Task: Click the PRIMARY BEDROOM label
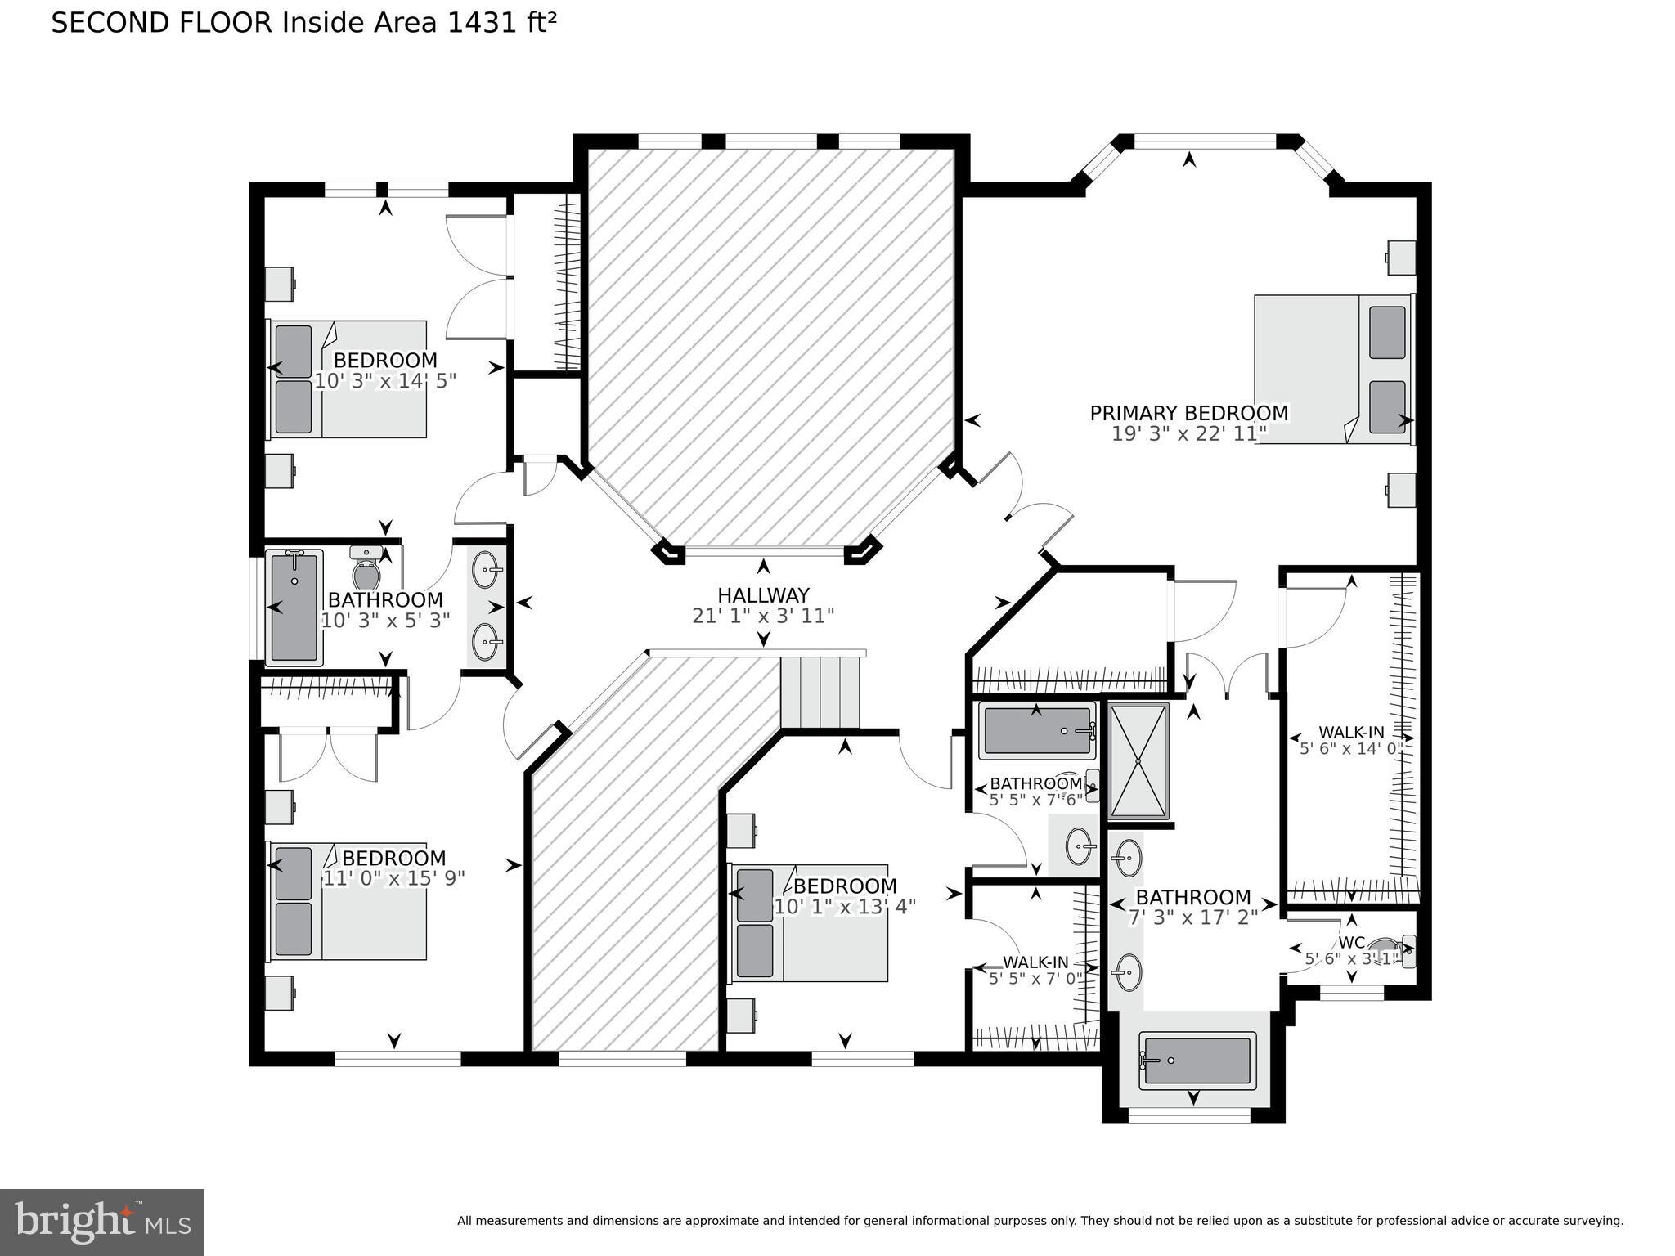[1188, 414]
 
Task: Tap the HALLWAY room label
[763, 595]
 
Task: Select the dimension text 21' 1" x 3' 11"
[763, 616]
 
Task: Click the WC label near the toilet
[1352, 942]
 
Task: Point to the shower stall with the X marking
[1138, 760]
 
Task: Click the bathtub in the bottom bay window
[1197, 1061]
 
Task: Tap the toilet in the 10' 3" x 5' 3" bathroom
[366, 568]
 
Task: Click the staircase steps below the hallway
[820, 692]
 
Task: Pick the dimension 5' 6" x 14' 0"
[1351, 748]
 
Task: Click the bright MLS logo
[102, 1222]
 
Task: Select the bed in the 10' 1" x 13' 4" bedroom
[808, 923]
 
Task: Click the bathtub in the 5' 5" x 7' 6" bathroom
[1037, 730]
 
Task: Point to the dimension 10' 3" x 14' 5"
[385, 381]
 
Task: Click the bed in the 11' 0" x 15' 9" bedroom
[348, 901]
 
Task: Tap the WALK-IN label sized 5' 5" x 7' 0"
[1035, 962]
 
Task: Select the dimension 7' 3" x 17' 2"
[1192, 917]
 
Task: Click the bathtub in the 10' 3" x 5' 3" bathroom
[294, 607]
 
